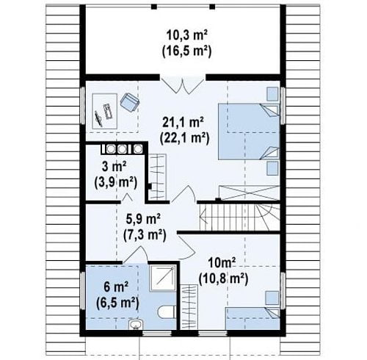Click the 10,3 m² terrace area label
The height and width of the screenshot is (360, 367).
(x=186, y=35)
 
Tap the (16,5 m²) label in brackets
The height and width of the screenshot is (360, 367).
(x=186, y=51)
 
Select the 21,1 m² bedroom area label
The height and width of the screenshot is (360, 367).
(x=183, y=123)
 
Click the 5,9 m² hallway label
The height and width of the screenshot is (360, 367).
(x=143, y=219)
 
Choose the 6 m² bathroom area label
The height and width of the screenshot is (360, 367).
(x=116, y=287)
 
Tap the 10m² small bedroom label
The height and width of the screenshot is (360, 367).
(x=222, y=263)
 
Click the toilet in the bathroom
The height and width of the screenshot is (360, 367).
(x=167, y=312)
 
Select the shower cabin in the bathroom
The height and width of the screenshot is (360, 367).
(x=163, y=278)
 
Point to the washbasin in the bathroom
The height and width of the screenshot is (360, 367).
(x=136, y=325)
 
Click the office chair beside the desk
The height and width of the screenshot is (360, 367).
(x=129, y=102)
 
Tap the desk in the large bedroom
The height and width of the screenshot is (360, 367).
(x=105, y=112)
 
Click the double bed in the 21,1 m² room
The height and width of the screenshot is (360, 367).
(x=249, y=132)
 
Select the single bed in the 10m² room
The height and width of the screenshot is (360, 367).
(x=252, y=318)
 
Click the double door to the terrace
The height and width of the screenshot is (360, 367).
(x=183, y=86)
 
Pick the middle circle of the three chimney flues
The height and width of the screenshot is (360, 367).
(x=122, y=148)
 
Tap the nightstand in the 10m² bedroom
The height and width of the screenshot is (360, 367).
(x=272, y=298)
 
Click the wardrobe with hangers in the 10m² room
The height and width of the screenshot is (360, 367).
(x=189, y=307)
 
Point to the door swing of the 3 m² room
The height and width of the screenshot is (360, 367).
(x=127, y=198)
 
